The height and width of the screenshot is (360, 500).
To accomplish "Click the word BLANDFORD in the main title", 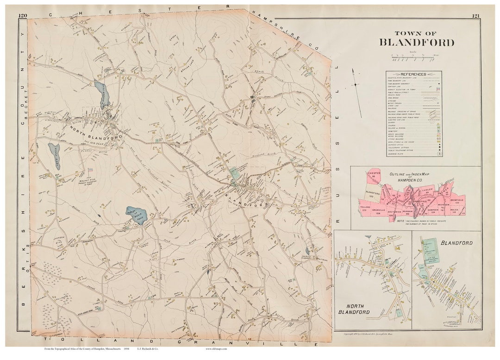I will coord(417,43).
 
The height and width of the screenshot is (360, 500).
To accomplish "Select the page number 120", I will coord(23,16).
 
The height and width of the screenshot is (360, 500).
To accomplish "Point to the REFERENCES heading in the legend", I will coord(413,74).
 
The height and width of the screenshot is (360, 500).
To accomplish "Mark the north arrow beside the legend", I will coord(355,83).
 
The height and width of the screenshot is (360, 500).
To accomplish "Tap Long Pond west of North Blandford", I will coord(54,150).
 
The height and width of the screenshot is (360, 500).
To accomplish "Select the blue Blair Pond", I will coord(136,216).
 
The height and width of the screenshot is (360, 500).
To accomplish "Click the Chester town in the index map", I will coord(373,177).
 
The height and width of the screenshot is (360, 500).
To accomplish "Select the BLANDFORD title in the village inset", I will coord(456,243).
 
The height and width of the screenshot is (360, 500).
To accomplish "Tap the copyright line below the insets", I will coord(378,333).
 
